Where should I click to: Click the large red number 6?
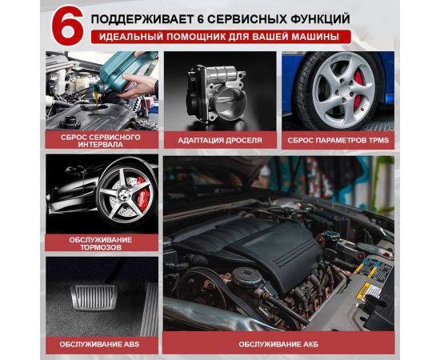coord(67,26)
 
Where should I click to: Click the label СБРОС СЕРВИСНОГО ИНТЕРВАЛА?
coord(101,141)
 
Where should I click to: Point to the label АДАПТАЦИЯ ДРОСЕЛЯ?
coord(220,140)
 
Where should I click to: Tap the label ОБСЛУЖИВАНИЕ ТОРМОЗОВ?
coord(101,243)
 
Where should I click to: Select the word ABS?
coord(132,344)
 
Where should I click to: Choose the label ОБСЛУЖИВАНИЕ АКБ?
coord(278,344)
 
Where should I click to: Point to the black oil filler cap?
coord(70,122)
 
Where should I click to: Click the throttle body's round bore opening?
coord(231,103)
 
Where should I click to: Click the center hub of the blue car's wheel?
coord(344,90)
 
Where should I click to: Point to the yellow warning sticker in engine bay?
coord(363,290)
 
